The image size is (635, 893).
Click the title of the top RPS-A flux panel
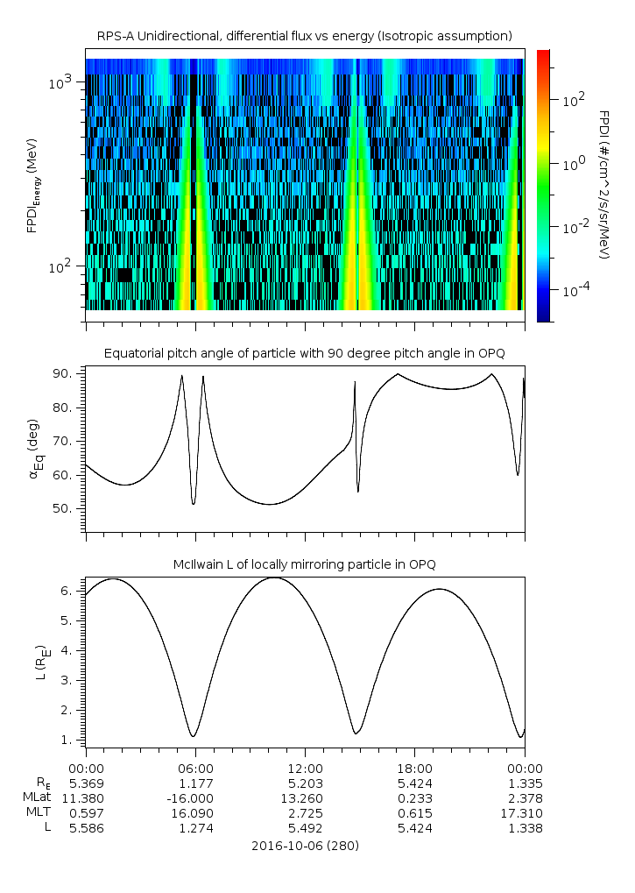click(304, 36)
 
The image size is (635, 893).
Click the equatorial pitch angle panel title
click(304, 354)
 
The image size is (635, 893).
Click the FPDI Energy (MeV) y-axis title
click(33, 186)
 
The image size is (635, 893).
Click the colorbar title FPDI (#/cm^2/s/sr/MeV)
click(604, 186)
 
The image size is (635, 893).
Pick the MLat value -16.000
click(194, 797)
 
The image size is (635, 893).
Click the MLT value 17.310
click(524, 812)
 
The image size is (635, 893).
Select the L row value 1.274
click(194, 827)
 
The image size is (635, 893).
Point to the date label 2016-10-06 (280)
click(304, 846)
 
